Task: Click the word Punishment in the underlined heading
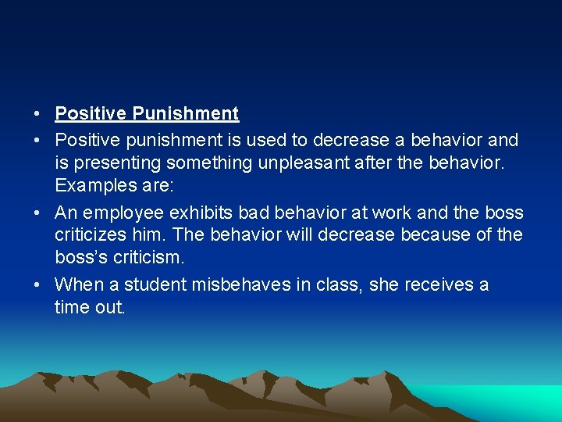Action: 185,114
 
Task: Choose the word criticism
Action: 154,257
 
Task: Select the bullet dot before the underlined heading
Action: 37,114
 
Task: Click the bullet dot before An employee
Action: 37,213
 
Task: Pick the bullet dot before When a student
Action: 37,284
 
